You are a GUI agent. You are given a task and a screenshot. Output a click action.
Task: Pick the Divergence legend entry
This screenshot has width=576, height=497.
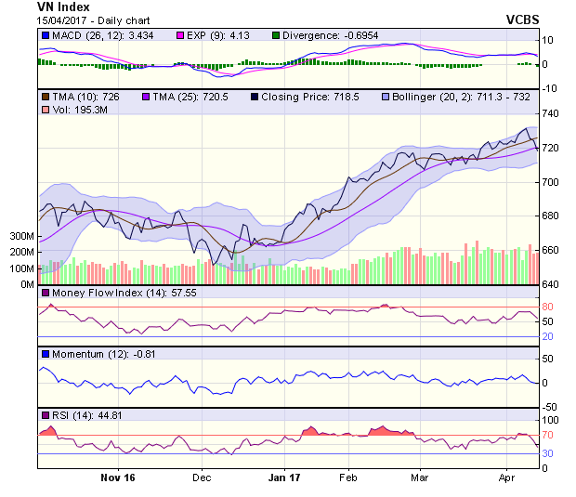[x=315, y=35]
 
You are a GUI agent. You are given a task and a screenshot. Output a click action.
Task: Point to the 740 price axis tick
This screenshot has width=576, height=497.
[x=551, y=113]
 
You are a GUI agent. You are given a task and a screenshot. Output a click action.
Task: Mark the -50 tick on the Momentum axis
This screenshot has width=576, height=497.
[x=550, y=407]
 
